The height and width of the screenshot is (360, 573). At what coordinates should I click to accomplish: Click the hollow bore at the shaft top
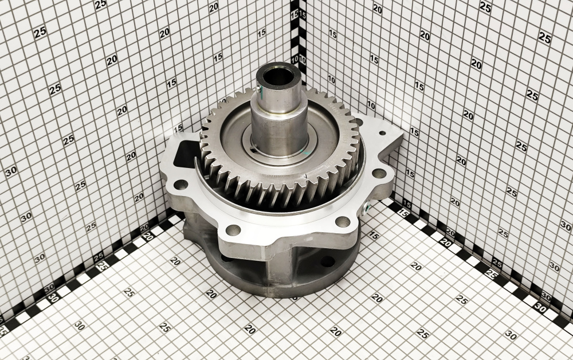click(x=278, y=76)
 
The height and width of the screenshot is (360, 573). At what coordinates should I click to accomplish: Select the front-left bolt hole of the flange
click(x=233, y=230)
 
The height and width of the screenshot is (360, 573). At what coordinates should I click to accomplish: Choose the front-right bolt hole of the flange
click(x=343, y=221)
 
